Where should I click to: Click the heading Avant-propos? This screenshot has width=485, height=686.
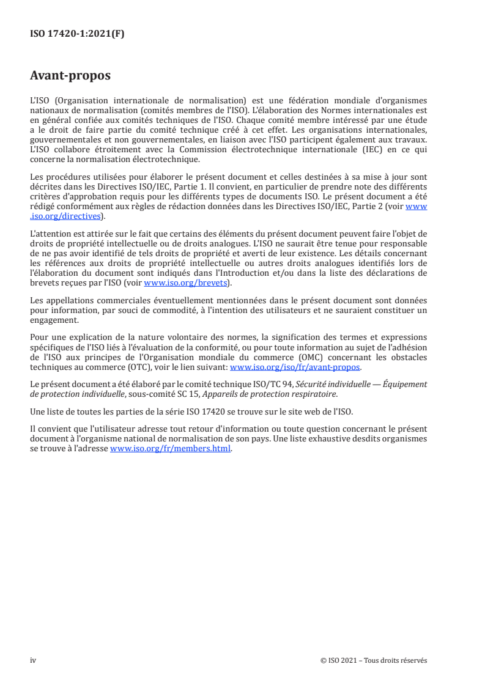coord(70,76)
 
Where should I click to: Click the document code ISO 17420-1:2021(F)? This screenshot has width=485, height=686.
coord(77,34)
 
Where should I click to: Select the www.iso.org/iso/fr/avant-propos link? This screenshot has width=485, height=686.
coord(295,367)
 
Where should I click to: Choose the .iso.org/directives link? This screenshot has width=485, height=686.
coord(65,216)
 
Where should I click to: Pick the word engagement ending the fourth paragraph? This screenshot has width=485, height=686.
coord(54,319)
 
